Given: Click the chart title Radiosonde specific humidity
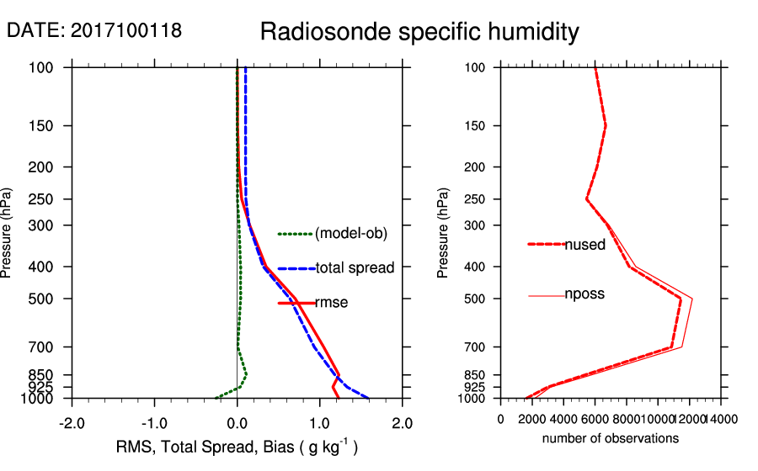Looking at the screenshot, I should click(x=419, y=32).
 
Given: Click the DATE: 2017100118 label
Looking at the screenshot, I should click(x=94, y=31).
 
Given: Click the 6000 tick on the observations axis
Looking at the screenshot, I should click(x=595, y=419).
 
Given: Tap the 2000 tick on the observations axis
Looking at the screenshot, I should click(x=532, y=419).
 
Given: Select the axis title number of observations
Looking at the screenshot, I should click(x=611, y=438).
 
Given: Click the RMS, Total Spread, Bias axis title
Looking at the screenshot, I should click(x=237, y=447).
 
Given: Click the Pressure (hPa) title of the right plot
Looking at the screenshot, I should click(x=444, y=232).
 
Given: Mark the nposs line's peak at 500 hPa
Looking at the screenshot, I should click(x=692, y=299).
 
